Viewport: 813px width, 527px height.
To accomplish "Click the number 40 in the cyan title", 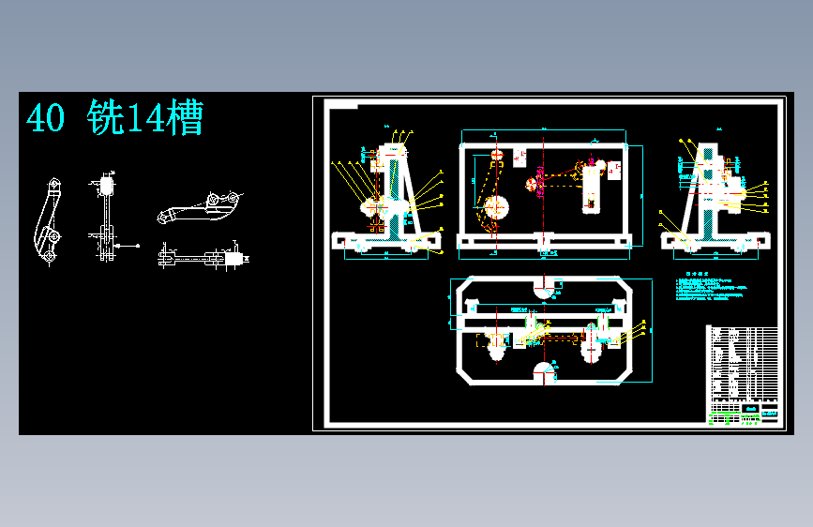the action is [x=45, y=119].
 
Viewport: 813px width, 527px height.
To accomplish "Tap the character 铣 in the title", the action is [x=105, y=119].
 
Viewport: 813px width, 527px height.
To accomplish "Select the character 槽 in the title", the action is [x=185, y=119].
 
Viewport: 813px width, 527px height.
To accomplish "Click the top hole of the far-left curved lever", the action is [x=53, y=184].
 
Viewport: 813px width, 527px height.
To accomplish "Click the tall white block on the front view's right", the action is [x=591, y=188].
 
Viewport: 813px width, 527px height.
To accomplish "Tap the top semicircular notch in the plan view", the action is [x=543, y=287].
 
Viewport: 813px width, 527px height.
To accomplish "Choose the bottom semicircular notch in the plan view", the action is [x=543, y=373].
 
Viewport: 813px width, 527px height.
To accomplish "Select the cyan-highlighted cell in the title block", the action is [x=750, y=411].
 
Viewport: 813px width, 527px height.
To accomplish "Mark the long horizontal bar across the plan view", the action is [x=544, y=322].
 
